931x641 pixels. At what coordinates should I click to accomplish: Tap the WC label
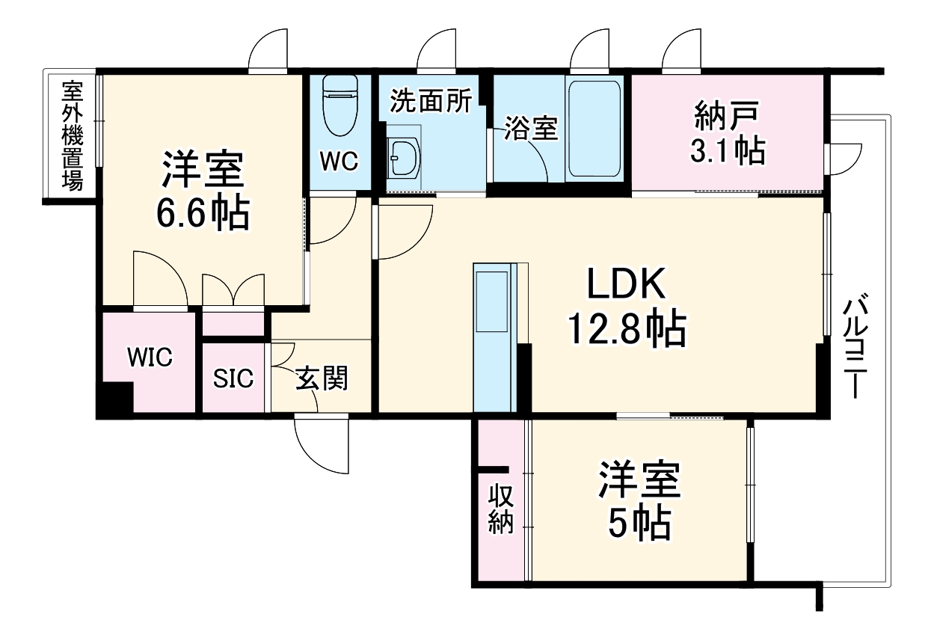coord(340,161)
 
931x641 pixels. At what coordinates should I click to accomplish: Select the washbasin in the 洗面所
coord(405,157)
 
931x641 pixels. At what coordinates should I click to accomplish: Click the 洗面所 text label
coord(430,102)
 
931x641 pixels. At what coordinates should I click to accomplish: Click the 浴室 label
coord(530,128)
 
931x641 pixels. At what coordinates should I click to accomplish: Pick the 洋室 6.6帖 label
coord(203,191)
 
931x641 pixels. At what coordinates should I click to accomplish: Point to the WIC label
coord(149,358)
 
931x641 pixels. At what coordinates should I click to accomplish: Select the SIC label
coord(233,379)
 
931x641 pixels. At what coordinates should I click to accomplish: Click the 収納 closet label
coord(501,509)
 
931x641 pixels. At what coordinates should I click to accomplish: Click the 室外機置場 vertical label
coord(72,136)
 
